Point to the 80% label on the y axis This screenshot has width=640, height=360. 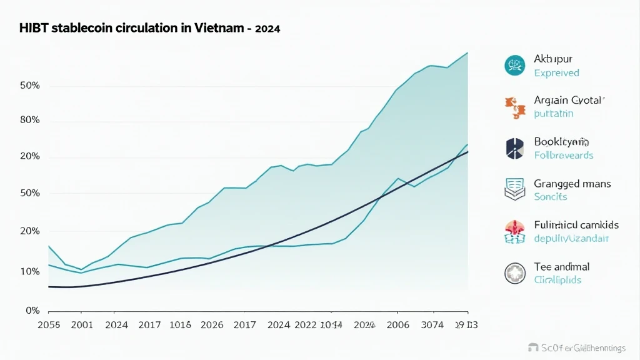point(30,120)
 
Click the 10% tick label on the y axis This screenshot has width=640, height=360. point(30,272)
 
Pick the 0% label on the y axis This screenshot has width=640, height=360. point(32,311)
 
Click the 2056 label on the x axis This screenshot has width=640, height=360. point(49,325)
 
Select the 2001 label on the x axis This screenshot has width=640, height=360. point(82,325)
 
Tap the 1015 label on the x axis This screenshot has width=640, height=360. point(181,325)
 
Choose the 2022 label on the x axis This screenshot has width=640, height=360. point(306,325)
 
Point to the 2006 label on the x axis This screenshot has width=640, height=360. point(398,325)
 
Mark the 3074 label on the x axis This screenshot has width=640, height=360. point(432,325)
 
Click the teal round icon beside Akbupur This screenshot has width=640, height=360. point(514,65)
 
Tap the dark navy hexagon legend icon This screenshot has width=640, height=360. point(514,148)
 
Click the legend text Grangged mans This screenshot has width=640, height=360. point(572,184)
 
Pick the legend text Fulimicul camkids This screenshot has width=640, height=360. point(576,225)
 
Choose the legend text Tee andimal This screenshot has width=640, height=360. point(562,267)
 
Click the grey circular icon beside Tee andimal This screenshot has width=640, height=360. point(514,272)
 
